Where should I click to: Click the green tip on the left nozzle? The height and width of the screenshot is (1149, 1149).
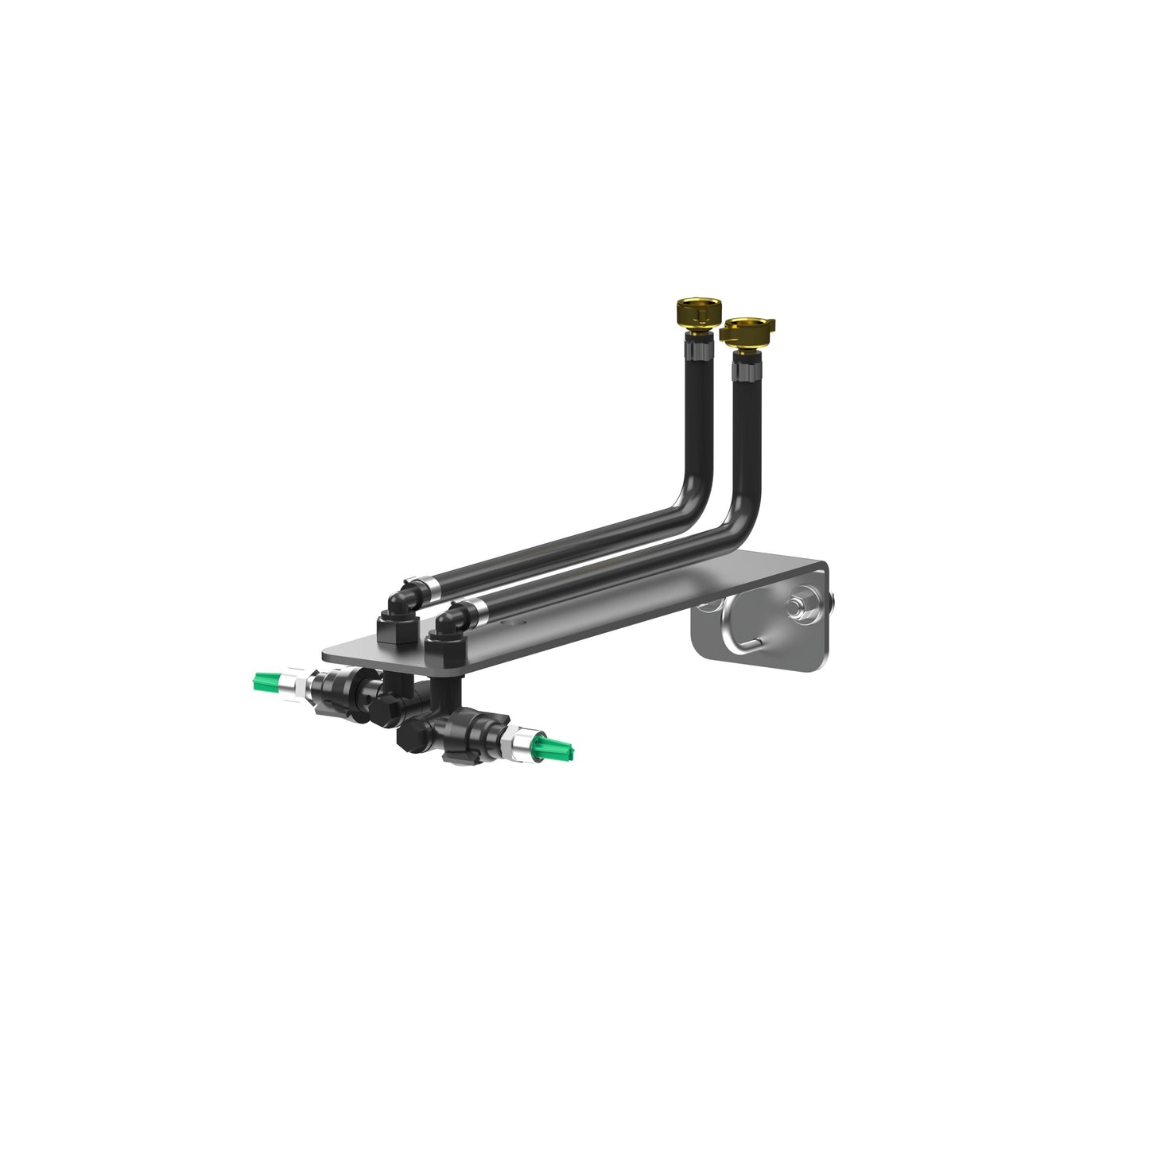[x=266, y=681]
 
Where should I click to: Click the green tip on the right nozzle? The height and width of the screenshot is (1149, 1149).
[x=559, y=747]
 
